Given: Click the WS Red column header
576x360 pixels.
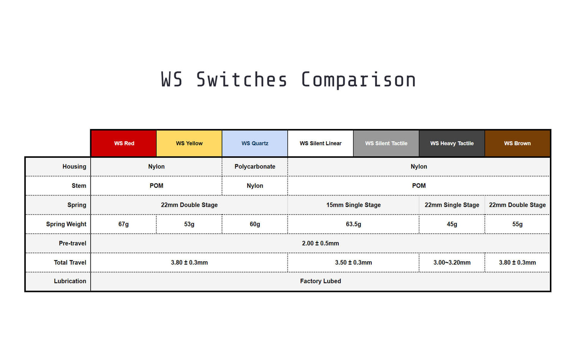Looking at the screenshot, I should [124, 143].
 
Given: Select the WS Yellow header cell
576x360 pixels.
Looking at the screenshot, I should [189, 143].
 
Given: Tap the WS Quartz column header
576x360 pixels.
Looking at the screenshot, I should [255, 143].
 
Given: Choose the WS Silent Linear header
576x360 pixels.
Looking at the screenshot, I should [321, 143].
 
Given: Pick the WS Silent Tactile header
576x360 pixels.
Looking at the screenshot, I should [386, 143].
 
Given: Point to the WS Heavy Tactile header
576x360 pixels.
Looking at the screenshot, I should [452, 143].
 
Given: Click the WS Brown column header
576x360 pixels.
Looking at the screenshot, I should [517, 143].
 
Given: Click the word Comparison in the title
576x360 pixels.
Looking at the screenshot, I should [358, 80].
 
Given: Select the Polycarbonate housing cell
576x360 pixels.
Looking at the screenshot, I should [255, 167].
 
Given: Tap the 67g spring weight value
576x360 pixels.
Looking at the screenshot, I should [124, 224].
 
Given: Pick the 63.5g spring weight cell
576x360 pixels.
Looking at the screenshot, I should [353, 224].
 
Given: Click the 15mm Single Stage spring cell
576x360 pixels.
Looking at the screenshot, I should [353, 205].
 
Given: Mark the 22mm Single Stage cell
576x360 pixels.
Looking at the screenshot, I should [452, 205].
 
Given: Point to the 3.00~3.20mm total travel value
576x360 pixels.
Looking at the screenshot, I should [452, 263].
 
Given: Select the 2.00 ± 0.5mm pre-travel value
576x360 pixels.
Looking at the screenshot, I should [320, 243].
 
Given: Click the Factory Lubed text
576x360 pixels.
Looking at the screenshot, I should [320, 281].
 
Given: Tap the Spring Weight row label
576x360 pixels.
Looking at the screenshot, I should [66, 224].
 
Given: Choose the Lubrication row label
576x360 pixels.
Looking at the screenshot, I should [70, 281].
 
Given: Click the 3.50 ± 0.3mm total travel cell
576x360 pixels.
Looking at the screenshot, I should [353, 263].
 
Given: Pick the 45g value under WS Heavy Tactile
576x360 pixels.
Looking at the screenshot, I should [452, 224].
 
